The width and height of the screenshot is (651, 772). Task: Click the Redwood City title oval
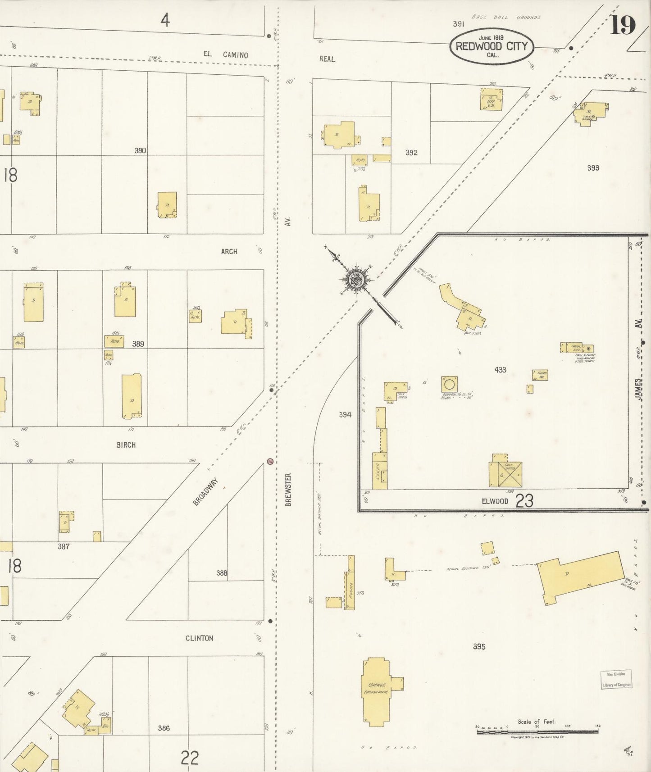492,46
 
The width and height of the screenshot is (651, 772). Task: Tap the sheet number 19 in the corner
623,25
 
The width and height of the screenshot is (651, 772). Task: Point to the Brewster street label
288,489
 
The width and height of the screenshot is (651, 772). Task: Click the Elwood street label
495,501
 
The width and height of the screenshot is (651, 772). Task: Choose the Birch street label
126,445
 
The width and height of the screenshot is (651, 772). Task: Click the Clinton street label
199,638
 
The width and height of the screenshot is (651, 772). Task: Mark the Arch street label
229,251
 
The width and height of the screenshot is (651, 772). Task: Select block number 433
500,370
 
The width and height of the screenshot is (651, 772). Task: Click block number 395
479,646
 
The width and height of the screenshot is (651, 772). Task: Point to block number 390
140,150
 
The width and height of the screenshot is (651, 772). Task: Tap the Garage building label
376,685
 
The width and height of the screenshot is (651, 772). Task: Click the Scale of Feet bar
537,732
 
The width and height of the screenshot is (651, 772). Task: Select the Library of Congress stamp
616,680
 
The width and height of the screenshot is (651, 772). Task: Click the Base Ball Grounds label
505,18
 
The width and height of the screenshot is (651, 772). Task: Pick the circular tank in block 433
449,385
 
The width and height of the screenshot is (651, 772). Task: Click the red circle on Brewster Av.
270,461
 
